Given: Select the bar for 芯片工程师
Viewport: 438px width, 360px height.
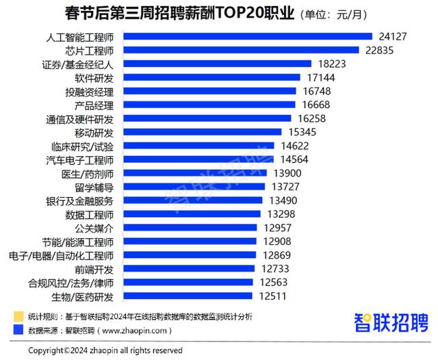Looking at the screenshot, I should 242,50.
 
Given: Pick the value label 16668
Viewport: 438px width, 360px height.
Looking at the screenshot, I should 314,105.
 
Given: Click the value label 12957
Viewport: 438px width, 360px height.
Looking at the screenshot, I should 279,228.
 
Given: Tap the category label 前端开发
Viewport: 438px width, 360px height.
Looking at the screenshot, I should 103,269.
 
